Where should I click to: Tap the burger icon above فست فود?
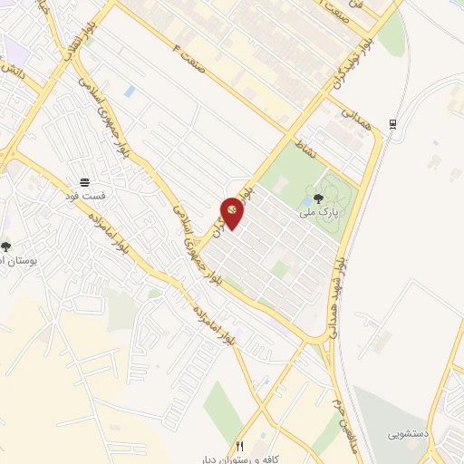[x=84, y=183]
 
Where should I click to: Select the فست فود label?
[x=91, y=196]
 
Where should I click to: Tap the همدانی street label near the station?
[x=354, y=117]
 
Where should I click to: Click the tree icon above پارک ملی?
[x=318, y=198]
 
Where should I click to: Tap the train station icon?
[x=392, y=124]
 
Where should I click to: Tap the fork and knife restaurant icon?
[x=240, y=445]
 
